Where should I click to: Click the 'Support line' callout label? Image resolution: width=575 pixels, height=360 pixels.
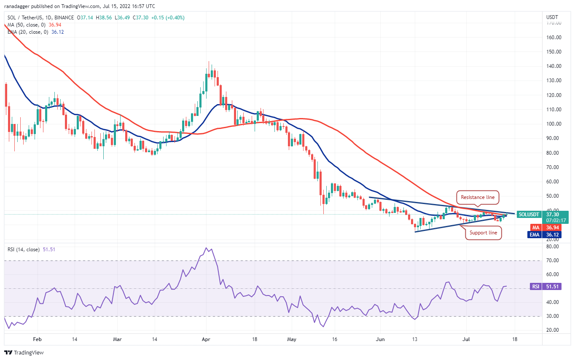point(484,233)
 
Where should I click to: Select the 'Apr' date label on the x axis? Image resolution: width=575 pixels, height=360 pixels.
point(206,339)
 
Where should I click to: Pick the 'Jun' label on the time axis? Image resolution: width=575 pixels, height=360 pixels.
point(381,339)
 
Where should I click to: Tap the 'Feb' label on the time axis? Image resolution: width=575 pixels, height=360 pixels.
point(38,339)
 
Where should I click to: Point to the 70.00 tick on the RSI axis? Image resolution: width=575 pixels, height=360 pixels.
point(552,261)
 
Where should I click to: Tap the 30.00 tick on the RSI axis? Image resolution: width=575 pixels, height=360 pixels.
point(552,316)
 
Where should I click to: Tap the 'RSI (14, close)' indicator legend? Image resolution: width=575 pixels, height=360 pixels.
point(23,250)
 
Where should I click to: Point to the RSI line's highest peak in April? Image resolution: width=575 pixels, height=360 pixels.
point(207,248)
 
